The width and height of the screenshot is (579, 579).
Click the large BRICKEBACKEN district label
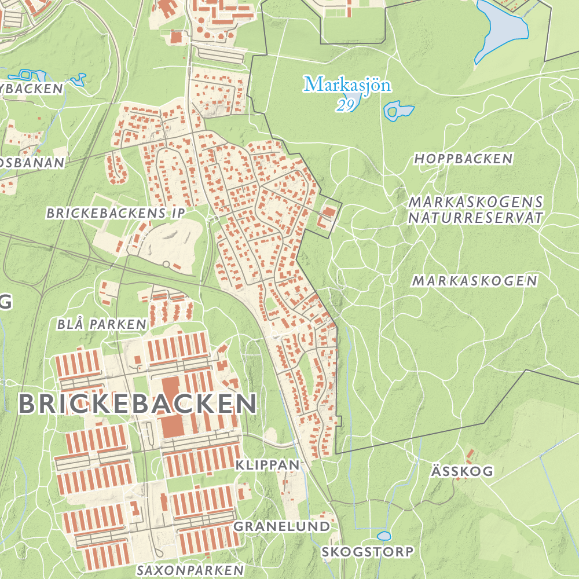point(137,404)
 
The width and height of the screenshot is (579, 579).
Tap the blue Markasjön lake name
point(347,85)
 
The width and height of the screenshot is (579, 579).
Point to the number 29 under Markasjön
point(346,105)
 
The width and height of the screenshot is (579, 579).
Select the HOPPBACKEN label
point(463,159)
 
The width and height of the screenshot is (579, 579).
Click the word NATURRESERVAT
point(475,218)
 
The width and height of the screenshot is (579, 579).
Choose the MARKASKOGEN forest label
point(475,281)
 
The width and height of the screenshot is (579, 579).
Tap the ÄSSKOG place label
point(462,471)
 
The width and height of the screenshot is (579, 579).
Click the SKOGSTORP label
point(368,551)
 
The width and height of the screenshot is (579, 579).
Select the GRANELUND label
point(281,526)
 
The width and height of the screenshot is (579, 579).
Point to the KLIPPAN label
point(268,464)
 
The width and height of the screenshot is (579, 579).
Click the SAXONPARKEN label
point(190,570)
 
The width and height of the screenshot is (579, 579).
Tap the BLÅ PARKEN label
point(101,324)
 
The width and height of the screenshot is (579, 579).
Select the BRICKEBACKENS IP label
point(116,213)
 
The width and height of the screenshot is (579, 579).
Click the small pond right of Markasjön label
point(398,111)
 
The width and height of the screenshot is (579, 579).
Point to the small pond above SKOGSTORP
point(383,536)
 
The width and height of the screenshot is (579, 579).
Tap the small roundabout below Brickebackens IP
point(166,264)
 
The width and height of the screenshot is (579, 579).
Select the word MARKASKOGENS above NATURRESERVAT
point(475,202)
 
